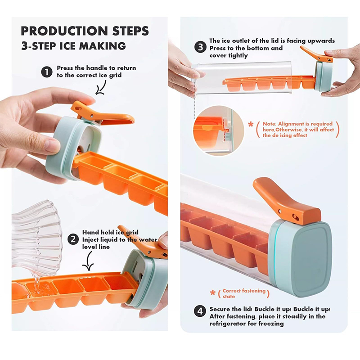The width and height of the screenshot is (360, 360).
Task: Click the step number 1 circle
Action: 47,72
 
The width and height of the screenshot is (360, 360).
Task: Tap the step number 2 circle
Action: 73,239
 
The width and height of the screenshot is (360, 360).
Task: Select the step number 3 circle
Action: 200,47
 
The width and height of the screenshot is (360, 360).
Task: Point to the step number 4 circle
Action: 200,311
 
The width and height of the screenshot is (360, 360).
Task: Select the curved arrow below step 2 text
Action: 88,261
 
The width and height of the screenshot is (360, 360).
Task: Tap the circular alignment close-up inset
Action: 218,130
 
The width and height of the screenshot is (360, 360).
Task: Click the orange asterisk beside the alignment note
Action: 251,125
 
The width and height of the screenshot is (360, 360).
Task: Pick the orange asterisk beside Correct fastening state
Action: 213,293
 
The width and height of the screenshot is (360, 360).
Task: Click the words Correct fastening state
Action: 244,293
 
